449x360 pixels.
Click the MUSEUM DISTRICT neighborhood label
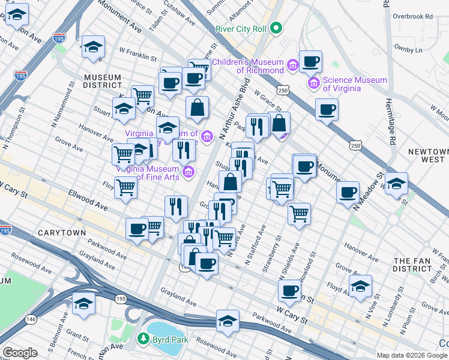click(x=103, y=82)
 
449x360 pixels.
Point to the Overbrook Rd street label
click(x=412, y=17)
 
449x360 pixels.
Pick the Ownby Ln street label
click(x=408, y=48)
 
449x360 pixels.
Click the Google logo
click(x=20, y=353)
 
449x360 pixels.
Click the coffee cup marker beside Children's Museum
click(x=310, y=61)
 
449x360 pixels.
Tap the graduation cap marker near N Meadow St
click(x=396, y=183)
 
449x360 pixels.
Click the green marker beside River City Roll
click(x=276, y=27)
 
